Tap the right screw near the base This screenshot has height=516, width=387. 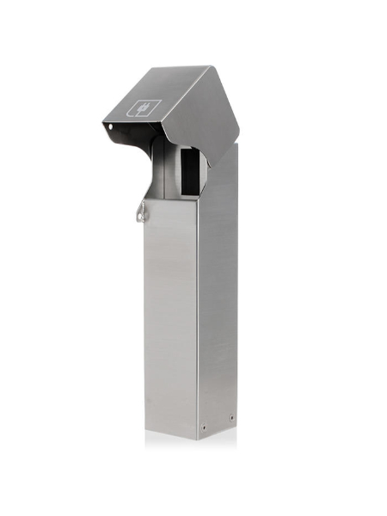pos(230,419)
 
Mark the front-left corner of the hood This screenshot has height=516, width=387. pos(102,123)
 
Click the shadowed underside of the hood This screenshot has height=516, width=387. pos(142,142)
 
